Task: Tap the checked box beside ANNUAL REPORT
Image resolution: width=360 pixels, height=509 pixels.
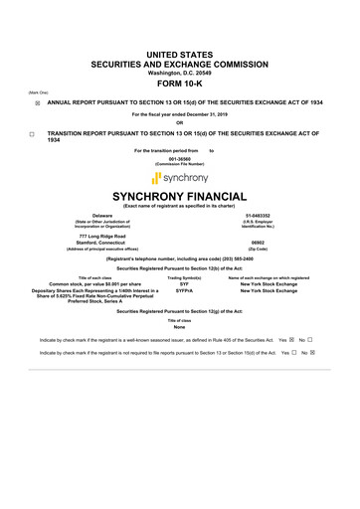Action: (x=37, y=102)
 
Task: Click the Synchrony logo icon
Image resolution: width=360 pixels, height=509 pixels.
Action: (x=157, y=178)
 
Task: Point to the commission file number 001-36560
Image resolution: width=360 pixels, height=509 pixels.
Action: (x=180, y=158)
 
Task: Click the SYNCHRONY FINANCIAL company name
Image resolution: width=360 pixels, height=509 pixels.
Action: (x=180, y=197)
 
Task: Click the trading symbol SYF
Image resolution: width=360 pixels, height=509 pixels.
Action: (x=184, y=284)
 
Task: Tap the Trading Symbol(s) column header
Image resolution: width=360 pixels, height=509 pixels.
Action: (x=185, y=277)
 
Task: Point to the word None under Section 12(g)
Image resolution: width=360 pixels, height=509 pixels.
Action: (x=180, y=327)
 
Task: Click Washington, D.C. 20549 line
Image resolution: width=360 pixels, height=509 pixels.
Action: (x=180, y=74)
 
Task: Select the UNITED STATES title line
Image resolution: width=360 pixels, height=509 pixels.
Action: (x=180, y=51)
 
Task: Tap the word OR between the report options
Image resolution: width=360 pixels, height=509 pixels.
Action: (x=180, y=123)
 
